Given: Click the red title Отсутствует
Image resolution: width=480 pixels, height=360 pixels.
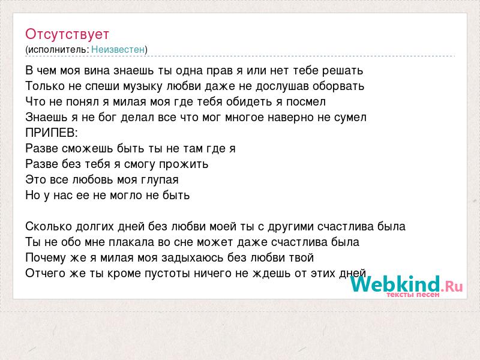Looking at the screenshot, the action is click(67, 34).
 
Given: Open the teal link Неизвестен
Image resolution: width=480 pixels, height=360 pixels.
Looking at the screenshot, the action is click(118, 50).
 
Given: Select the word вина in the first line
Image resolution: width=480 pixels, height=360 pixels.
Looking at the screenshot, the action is click(97, 71).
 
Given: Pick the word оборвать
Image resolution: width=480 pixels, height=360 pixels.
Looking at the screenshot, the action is click(338, 86).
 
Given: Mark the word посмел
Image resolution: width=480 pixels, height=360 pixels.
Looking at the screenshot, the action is click(306, 102).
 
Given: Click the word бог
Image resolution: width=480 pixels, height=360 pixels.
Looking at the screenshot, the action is click(107, 117).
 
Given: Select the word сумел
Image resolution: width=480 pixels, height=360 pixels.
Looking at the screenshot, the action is click(350, 118).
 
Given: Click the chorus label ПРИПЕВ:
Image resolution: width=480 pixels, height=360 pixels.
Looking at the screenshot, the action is click(52, 133).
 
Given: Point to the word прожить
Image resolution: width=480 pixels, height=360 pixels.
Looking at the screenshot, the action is click(184, 164).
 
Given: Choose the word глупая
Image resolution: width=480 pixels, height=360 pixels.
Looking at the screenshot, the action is click(160, 180).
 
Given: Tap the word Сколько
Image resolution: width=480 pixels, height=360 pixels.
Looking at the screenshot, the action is click(49, 227).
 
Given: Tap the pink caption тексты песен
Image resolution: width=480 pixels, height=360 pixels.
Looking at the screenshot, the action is click(413, 295).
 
